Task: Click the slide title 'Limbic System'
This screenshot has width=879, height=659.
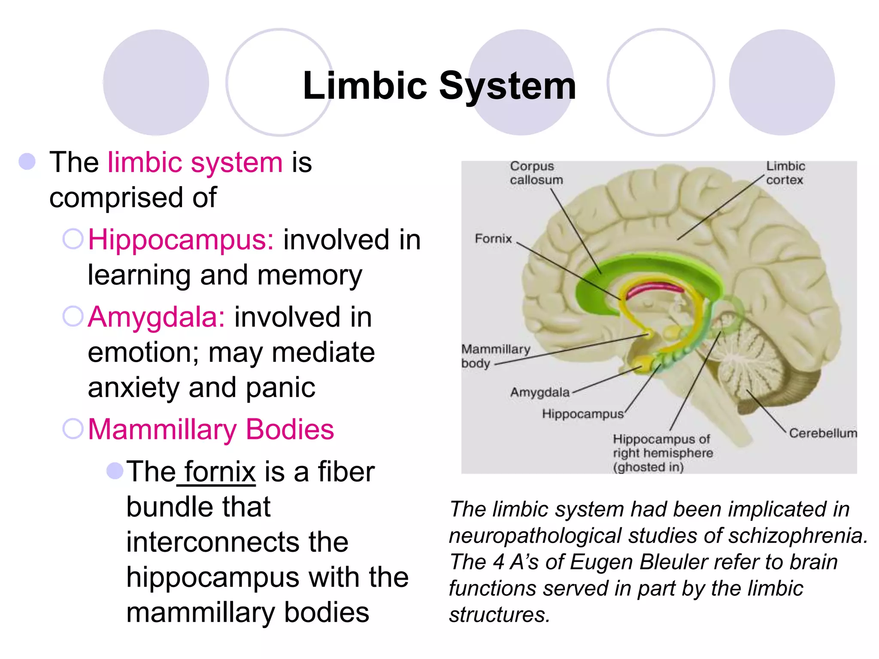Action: pyautogui.click(x=439, y=86)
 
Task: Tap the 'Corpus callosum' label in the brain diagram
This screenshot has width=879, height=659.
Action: pyautogui.click(x=536, y=173)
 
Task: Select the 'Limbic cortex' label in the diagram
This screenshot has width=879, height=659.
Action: pyautogui.click(x=785, y=173)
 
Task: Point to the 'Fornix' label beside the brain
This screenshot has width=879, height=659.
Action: pyautogui.click(x=493, y=239)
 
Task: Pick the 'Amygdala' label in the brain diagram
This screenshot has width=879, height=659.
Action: pyautogui.click(x=540, y=392)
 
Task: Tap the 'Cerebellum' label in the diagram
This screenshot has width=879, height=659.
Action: pyautogui.click(x=822, y=433)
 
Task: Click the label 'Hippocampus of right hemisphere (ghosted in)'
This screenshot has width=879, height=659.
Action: pyautogui.click(x=662, y=453)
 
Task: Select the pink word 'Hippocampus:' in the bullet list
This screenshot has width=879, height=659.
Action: pyautogui.click(x=181, y=239)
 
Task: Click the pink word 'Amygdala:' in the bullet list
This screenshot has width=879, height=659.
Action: pyautogui.click(x=156, y=317)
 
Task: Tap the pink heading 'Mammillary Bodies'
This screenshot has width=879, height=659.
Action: pyautogui.click(x=211, y=429)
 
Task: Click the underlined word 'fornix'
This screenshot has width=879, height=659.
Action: pyautogui.click(x=220, y=472)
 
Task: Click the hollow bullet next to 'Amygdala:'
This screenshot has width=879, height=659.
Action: pyautogui.click(x=73, y=317)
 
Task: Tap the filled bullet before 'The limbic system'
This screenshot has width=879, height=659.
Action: pyautogui.click(x=27, y=162)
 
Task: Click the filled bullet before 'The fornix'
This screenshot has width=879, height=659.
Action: pyautogui.click(x=115, y=471)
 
